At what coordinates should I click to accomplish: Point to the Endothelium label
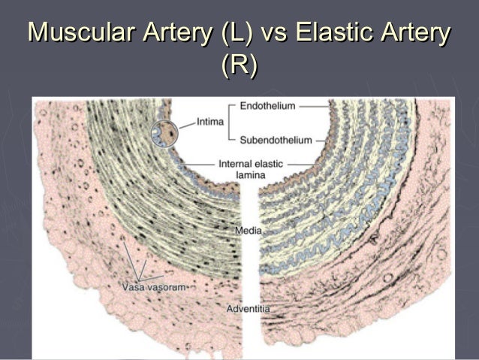click(267, 107)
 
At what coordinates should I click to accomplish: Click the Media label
click(249, 230)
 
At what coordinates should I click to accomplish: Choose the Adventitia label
click(249, 309)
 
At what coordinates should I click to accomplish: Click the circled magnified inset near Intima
click(165, 133)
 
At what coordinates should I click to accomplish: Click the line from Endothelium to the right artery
click(310, 107)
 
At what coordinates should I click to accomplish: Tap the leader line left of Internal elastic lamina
click(203, 163)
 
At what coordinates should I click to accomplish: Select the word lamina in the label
click(251, 174)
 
